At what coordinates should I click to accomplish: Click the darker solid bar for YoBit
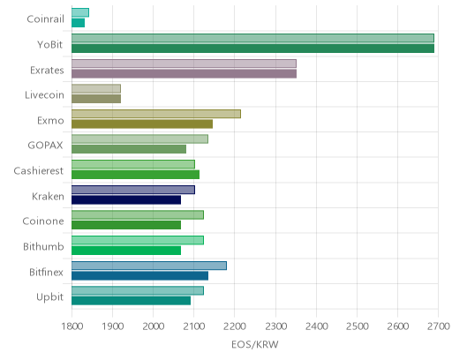[x=252, y=49]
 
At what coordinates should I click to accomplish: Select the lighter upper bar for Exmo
[x=156, y=114]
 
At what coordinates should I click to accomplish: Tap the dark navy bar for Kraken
[x=126, y=200]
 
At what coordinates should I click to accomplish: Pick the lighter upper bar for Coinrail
[x=80, y=12]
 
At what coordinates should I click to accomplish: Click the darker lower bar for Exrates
[x=184, y=74]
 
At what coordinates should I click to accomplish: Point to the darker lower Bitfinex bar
[x=139, y=276]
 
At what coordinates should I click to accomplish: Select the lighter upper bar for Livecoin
[x=96, y=89]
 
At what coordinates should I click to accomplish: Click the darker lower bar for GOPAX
[x=129, y=149]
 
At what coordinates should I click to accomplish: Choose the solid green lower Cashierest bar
[x=135, y=175]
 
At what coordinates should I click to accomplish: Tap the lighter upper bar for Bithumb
[x=138, y=240]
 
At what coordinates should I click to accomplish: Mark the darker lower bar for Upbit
[x=131, y=301]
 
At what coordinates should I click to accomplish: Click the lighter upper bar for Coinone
[x=138, y=215]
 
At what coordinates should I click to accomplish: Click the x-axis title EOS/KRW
[x=255, y=344]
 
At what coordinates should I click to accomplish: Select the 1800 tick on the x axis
[x=72, y=326]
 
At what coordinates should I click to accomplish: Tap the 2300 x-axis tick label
[x=275, y=326]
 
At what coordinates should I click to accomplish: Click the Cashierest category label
[x=39, y=171]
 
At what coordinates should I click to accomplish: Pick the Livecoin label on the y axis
[x=44, y=95]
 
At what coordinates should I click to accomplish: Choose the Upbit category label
[x=49, y=297]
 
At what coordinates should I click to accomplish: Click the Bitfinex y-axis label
[x=46, y=272]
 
